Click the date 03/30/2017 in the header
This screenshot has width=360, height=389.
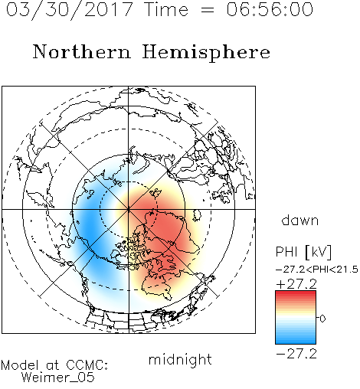[70, 10]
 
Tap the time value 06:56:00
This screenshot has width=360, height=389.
[270, 9]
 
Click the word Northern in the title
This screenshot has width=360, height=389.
[82, 51]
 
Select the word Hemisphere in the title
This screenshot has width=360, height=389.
[206, 53]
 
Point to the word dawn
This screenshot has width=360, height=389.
[300, 220]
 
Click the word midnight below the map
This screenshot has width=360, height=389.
[180, 359]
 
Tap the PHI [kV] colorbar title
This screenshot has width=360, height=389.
[303, 252]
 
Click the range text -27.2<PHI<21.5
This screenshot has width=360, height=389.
[317, 270]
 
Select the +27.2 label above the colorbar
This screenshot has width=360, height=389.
[296, 284]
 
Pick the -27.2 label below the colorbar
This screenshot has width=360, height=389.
[296, 354]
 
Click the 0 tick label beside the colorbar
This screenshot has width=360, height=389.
[322, 319]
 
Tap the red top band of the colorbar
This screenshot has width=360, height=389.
[296, 294]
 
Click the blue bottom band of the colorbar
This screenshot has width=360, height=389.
[296, 341]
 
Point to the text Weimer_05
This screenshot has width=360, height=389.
[58, 377]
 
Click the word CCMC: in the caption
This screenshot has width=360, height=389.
[87, 365]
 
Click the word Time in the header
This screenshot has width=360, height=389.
[166, 9]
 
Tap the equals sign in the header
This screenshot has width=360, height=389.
[208, 11]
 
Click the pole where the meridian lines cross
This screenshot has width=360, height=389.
[129, 209]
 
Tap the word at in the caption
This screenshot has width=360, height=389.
[53, 365]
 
